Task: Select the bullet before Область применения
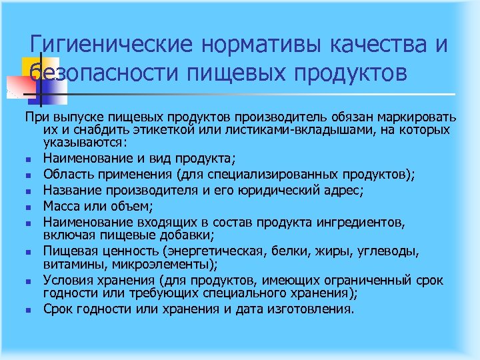click(32, 175)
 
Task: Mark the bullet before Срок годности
click(32, 310)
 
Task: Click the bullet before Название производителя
click(32, 192)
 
